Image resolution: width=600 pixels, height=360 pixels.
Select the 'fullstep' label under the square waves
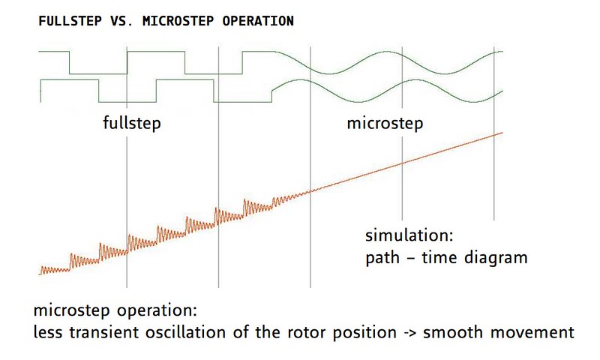click(x=131, y=122)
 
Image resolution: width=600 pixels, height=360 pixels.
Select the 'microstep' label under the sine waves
click(x=385, y=122)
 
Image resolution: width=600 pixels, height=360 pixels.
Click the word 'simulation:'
click(x=409, y=237)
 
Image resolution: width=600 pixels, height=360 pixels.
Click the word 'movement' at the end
click(x=532, y=331)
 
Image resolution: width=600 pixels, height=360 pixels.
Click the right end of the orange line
click(x=502, y=133)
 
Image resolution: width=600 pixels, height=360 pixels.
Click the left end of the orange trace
click(x=41, y=270)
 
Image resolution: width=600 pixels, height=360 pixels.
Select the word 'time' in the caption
click(x=445, y=259)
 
